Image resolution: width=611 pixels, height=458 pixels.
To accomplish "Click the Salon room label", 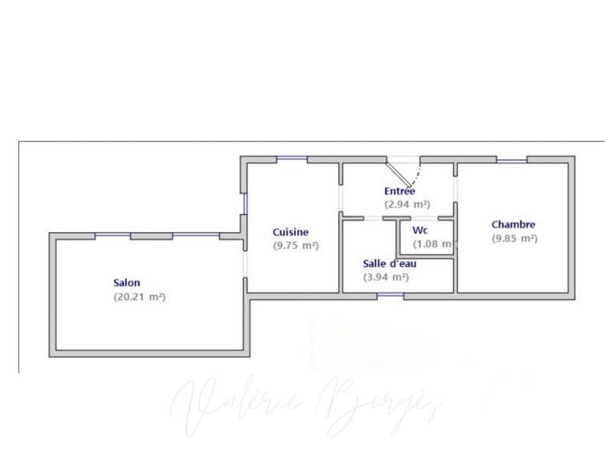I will pos(127,282).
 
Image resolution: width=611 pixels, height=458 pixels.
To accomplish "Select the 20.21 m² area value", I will pos(140,296).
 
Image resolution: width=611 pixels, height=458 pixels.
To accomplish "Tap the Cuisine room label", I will pos(291,232).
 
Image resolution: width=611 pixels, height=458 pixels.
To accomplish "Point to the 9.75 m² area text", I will pos(296,246).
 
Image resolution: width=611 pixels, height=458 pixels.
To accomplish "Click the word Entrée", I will pos(399,191).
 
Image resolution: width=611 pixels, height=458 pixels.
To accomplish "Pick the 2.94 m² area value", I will pos(407,205).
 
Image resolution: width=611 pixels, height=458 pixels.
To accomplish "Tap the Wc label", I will pos(419,230).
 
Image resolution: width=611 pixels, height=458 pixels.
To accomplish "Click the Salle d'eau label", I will pos(390,263).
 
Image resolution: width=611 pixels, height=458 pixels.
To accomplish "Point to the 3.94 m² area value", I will pos(386,277).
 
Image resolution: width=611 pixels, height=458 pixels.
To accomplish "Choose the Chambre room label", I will pos(513,224).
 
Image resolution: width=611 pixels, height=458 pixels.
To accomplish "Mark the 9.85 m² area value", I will pos(514,238).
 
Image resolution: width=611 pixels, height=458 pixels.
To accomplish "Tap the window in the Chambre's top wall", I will pos(511,160).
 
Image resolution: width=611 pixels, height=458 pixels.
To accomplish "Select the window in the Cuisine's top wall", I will pos(292,159).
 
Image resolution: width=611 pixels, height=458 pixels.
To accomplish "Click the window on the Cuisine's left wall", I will pos(244,202).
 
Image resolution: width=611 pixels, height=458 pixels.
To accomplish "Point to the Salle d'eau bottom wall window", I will pos(390,295).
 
